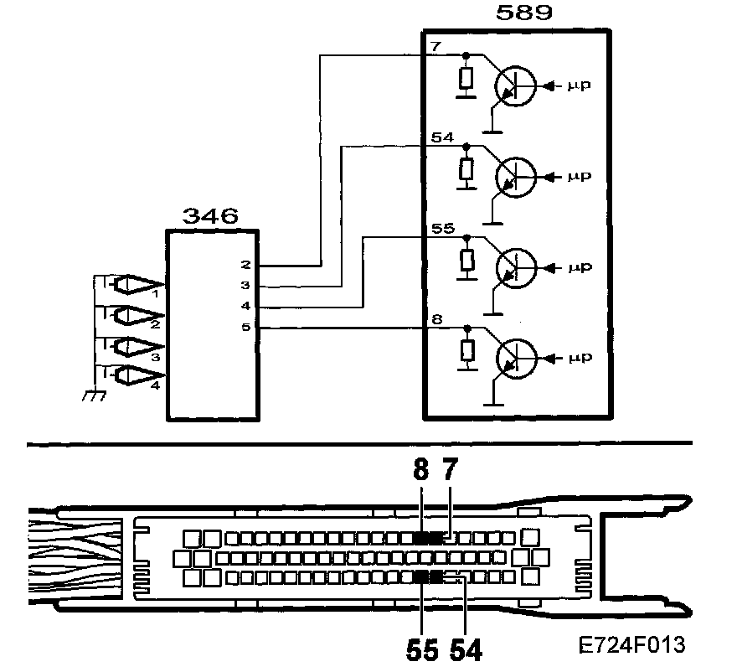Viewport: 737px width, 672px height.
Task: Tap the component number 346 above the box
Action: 209,217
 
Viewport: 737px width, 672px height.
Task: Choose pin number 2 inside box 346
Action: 245,265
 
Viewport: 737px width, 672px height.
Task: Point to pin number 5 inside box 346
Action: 245,328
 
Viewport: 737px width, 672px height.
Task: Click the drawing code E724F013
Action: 633,646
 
